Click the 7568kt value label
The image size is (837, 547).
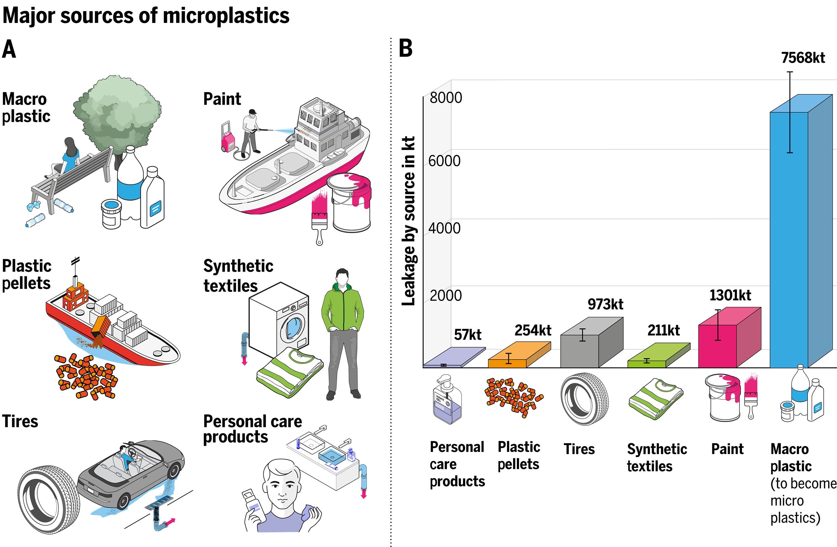tap(803, 58)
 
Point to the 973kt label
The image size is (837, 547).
tap(605, 304)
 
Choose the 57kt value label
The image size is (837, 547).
tap(467, 335)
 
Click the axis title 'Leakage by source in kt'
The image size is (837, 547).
tap(409, 221)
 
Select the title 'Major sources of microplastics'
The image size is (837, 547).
tap(146, 16)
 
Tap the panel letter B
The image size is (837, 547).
tap(405, 48)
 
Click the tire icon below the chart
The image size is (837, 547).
tap(584, 399)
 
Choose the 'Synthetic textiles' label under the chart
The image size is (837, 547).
tap(657, 457)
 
